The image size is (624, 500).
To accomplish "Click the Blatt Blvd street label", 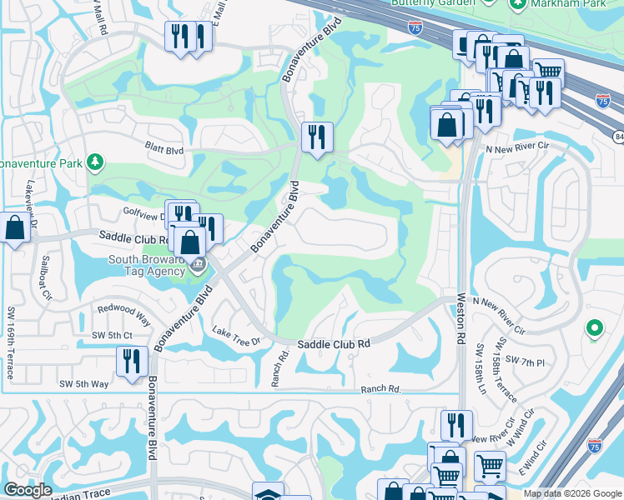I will point(163,151).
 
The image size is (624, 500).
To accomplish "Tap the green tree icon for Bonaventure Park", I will point(97,161).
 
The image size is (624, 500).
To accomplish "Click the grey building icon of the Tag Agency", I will point(198,267).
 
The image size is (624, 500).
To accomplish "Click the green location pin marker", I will point(594,328).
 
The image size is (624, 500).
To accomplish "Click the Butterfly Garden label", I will point(427,3).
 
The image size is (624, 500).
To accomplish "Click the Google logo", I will point(27,490).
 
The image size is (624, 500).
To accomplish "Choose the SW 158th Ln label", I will point(481,370).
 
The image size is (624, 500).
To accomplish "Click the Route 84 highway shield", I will point(618,136).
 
